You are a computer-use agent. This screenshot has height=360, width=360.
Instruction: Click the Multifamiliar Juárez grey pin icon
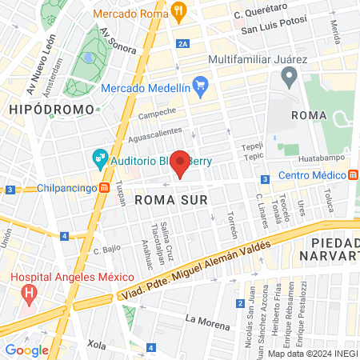pos(290,78)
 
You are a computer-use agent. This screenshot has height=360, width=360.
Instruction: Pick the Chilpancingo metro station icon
pos(105,189)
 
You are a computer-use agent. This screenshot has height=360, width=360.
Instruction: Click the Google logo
pos(27,350)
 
